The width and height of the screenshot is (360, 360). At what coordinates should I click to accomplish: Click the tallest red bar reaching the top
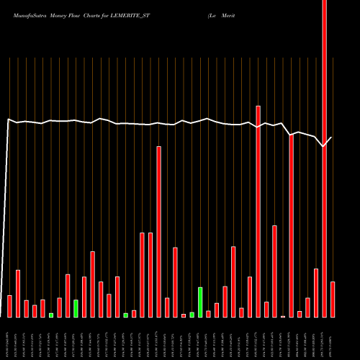pos(324,158)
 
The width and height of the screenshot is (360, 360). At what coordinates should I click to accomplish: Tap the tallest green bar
pos(200,302)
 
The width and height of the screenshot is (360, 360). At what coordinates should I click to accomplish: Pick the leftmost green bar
pos(51,315)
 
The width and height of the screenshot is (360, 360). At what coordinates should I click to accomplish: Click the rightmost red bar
pos(333,299)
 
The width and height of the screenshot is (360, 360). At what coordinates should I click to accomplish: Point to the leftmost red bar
pos(9,306)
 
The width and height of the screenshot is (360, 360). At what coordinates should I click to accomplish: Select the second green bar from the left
pos(76,308)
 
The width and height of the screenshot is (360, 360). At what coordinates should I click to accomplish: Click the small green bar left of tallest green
pos(192,314)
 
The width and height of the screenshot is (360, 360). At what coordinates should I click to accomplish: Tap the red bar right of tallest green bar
pos(208,313)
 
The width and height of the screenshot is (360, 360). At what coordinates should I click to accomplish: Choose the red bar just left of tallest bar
pos(316,292)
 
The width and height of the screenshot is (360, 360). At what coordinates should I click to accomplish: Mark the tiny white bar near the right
pos(283,316)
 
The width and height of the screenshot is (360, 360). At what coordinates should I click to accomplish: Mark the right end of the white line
pos(332,137)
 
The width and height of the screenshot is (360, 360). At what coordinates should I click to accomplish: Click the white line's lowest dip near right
pos(324,146)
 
